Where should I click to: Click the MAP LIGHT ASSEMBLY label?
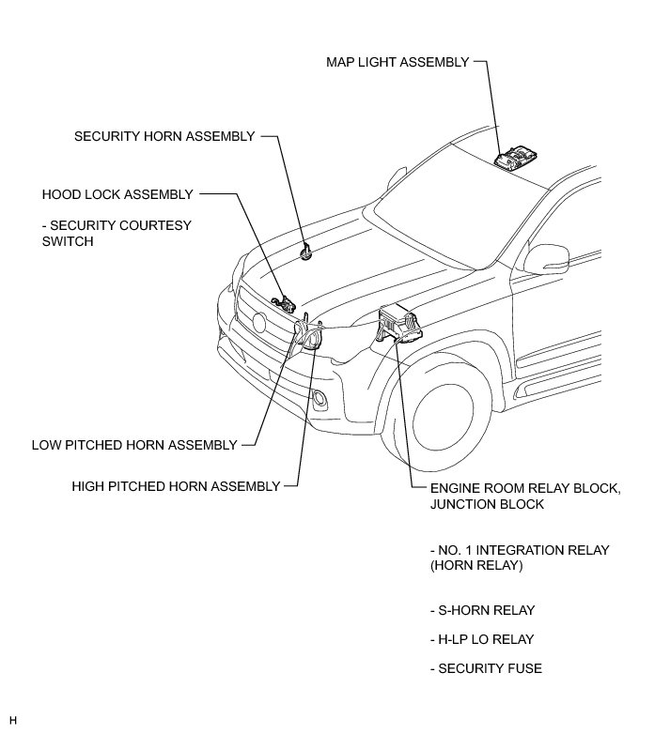(x=397, y=62)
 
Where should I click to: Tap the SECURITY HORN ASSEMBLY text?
(x=164, y=136)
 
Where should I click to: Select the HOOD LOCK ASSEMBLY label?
(x=117, y=194)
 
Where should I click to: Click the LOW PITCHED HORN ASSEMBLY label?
(x=134, y=445)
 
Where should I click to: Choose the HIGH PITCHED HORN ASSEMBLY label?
(x=177, y=486)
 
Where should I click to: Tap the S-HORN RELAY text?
(x=482, y=610)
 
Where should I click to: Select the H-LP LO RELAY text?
(x=481, y=639)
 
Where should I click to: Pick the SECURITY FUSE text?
(x=485, y=668)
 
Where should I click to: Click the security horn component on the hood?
(x=306, y=252)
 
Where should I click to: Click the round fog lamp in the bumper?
(x=321, y=401)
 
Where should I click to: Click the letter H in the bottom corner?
(x=13, y=720)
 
